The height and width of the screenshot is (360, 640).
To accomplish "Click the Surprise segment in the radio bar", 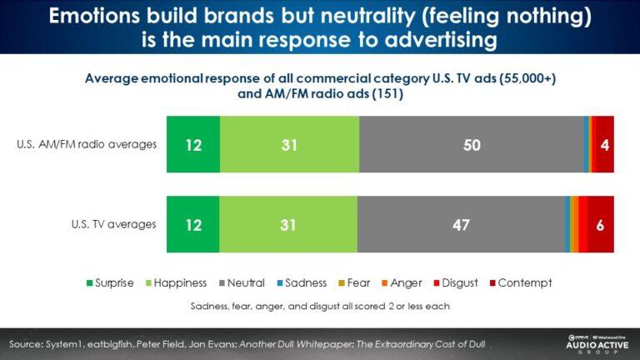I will click(x=193, y=145).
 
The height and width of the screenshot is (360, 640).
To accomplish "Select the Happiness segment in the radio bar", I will click(x=289, y=145).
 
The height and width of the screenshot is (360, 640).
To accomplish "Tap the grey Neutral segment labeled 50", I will click(x=471, y=145).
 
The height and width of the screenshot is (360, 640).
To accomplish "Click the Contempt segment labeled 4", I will click(x=603, y=145).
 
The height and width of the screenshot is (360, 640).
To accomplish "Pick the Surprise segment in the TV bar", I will click(x=193, y=224).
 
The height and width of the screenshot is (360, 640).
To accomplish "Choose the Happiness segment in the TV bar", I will click(x=288, y=224).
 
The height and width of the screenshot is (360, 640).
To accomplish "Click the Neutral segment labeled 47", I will click(x=460, y=224).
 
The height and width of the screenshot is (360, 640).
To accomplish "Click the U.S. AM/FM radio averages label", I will click(x=87, y=144).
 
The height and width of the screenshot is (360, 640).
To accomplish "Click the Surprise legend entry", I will click(x=109, y=282).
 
